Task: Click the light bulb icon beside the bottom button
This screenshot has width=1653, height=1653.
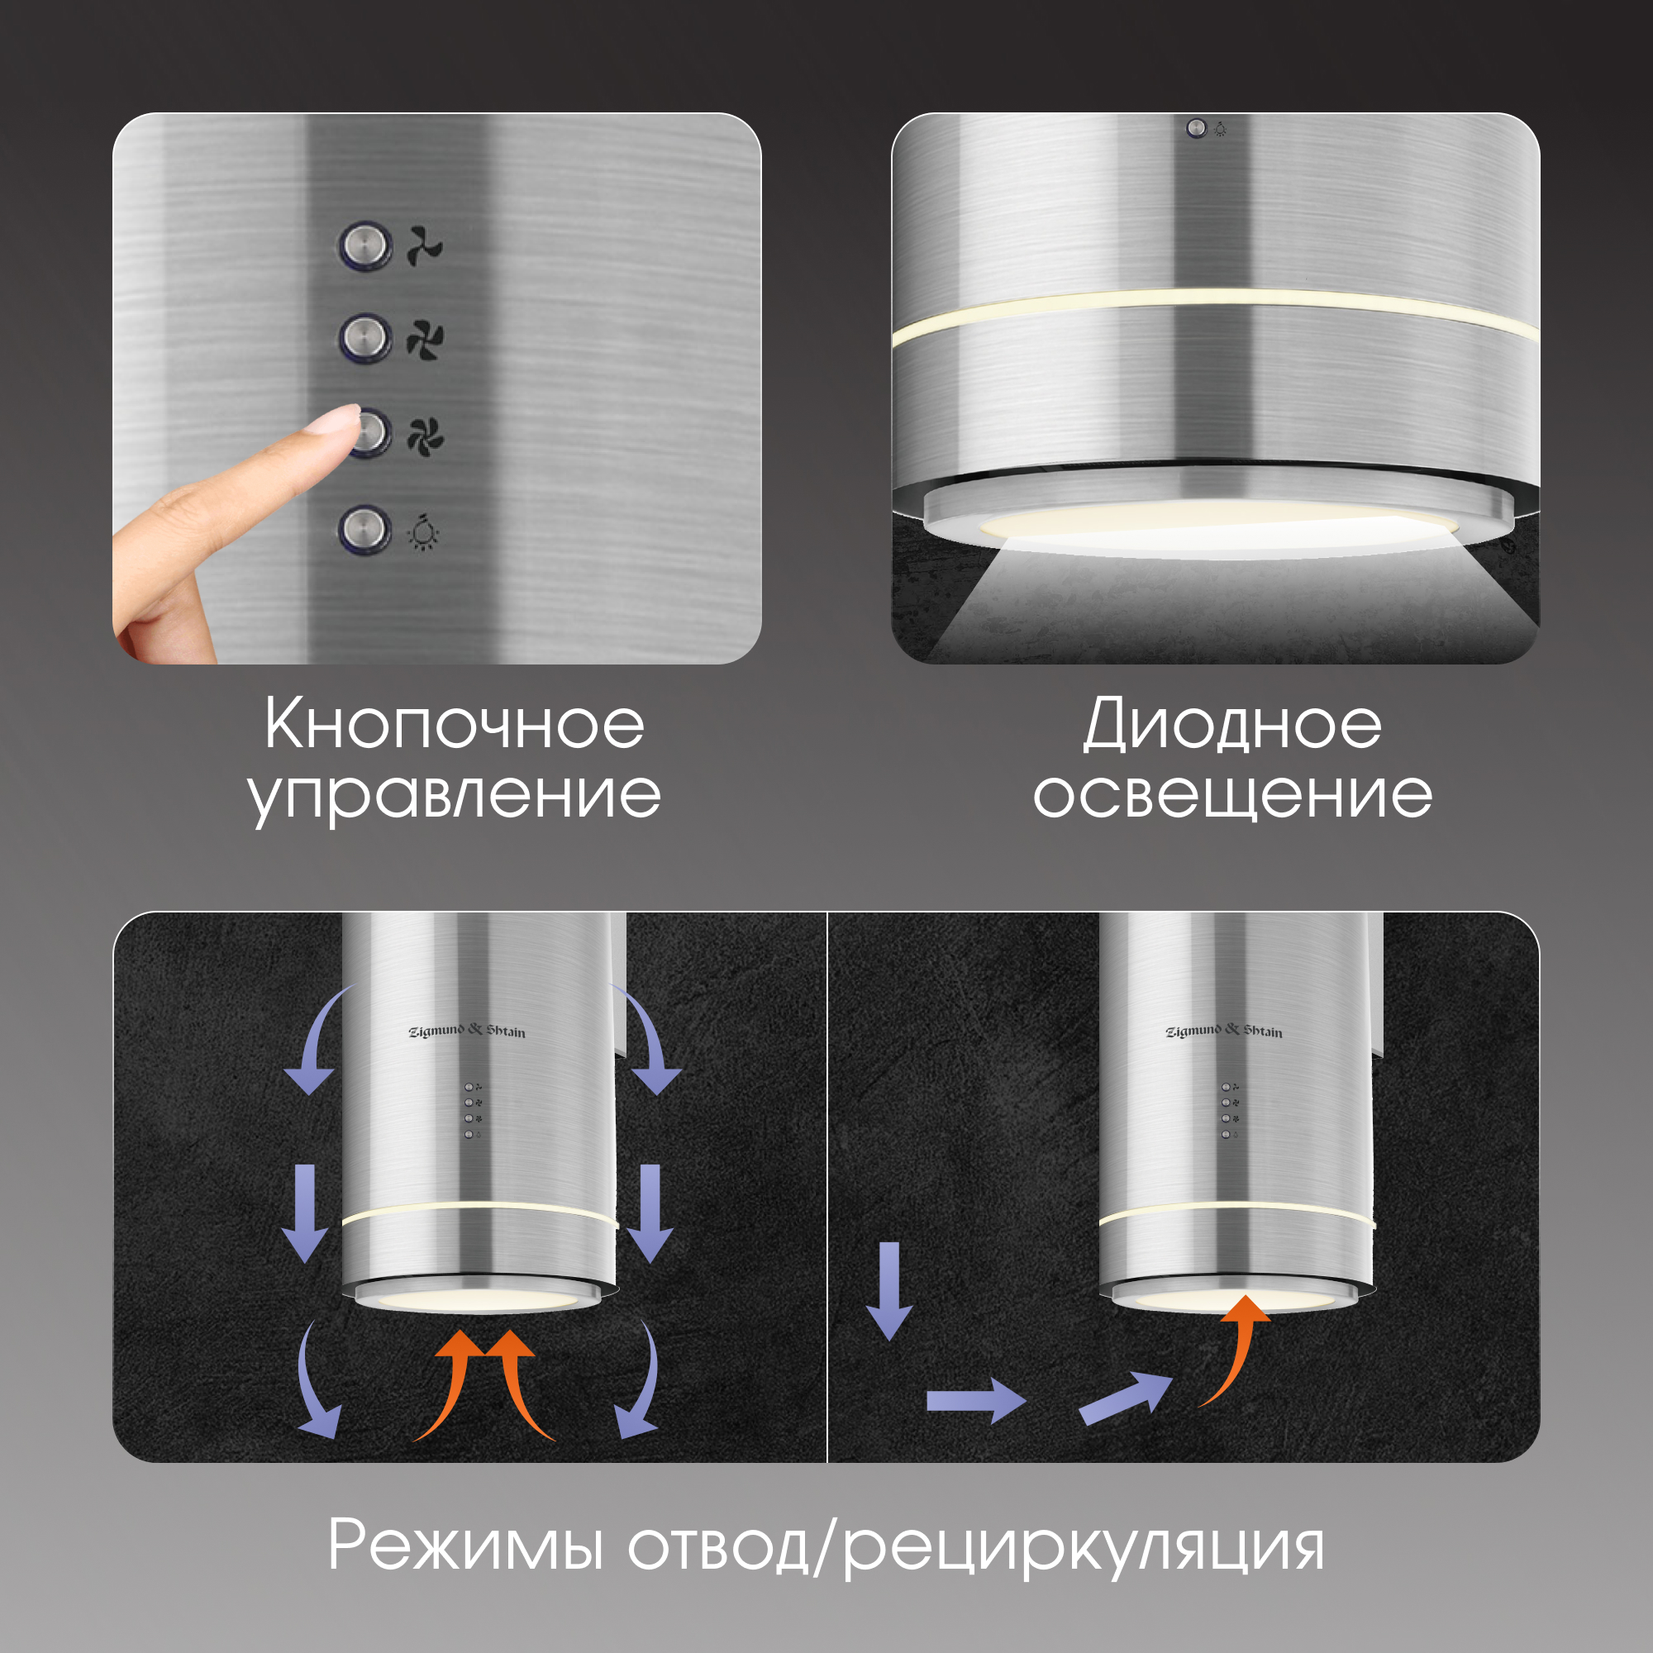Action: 423,532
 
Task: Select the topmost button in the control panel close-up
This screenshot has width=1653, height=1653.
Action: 365,246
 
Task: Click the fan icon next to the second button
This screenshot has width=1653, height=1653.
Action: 425,341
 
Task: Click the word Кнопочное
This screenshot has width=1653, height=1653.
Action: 455,724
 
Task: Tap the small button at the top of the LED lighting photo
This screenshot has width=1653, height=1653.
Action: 1196,128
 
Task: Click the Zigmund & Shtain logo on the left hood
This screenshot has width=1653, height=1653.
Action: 467,1031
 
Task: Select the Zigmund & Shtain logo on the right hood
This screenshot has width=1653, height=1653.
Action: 1224,1031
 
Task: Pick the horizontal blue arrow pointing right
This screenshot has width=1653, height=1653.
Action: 976,1401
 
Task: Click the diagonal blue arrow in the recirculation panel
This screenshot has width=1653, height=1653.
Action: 1124,1398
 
